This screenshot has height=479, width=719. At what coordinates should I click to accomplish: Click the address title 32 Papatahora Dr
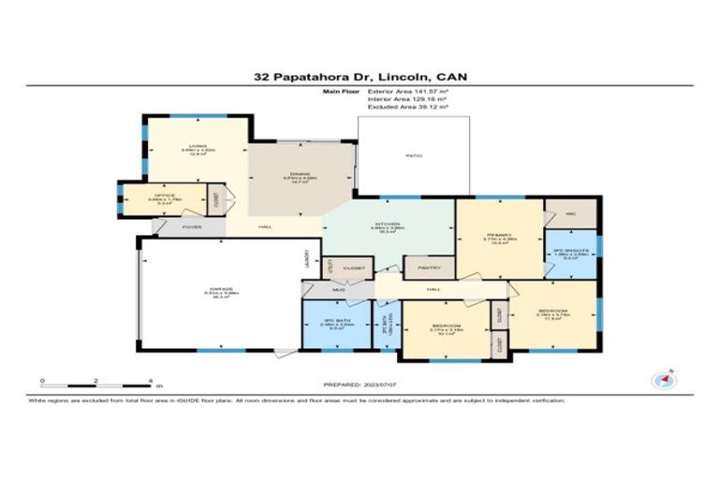[x=359, y=78]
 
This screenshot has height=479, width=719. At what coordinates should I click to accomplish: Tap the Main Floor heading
[x=342, y=93]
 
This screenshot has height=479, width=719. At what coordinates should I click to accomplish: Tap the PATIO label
[x=409, y=156]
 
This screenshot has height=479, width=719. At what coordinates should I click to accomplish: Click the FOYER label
[x=192, y=226]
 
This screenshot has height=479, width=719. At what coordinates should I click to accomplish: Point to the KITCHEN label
[x=388, y=225]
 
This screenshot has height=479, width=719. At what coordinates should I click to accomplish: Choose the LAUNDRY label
[x=307, y=259]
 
